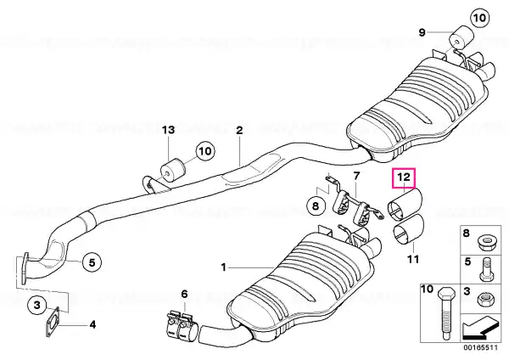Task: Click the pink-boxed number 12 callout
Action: click(x=404, y=178)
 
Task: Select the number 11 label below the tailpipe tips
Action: click(x=413, y=259)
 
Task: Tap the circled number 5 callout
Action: click(x=92, y=262)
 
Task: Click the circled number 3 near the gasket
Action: click(x=37, y=305)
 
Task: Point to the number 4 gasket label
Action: click(x=92, y=324)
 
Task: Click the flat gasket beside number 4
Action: click(x=52, y=323)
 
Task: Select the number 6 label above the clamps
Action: click(x=184, y=294)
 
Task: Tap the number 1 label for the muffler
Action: click(x=223, y=267)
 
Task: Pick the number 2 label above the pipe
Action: click(x=239, y=131)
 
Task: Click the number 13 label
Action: click(x=169, y=130)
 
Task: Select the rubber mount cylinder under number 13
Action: click(x=173, y=169)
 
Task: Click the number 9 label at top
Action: click(x=422, y=32)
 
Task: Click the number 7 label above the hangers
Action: click(x=357, y=176)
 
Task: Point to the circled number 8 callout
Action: click(x=316, y=205)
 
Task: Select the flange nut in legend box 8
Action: click(x=486, y=242)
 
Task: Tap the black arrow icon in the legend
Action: click(x=479, y=328)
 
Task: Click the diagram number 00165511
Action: click(x=480, y=347)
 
